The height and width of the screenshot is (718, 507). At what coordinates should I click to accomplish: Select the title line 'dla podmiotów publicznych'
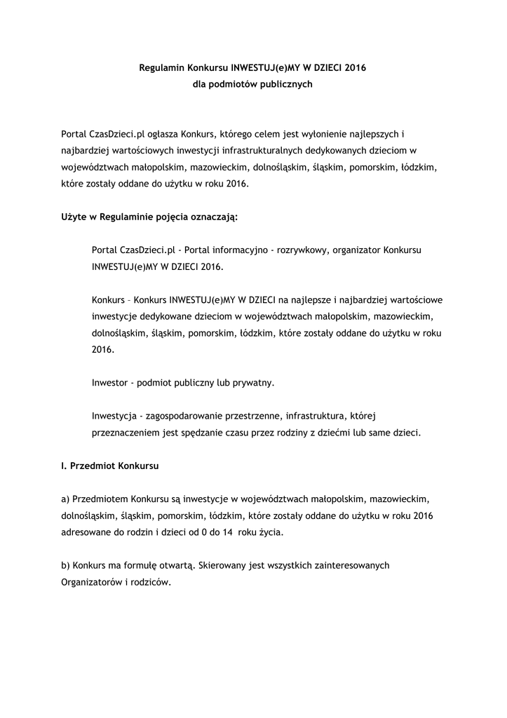pos(253,84)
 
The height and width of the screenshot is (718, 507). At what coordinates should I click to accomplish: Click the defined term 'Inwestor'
pos(110,383)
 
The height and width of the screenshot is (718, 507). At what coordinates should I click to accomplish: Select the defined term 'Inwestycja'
pos(114,416)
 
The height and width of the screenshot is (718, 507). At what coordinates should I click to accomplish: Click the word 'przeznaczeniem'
pos(127,433)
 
